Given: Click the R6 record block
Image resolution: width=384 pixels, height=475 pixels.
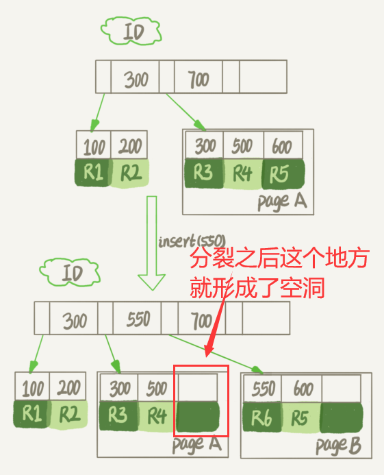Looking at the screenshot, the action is coord(262,417).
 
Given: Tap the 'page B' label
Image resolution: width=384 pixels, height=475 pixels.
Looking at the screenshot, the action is coord(339,446).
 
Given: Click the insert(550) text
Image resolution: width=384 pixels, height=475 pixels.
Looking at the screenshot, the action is coord(192,241).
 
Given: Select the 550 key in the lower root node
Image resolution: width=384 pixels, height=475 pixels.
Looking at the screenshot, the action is coord(138,319).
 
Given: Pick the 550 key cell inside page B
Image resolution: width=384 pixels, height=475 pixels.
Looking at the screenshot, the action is coord(263,389).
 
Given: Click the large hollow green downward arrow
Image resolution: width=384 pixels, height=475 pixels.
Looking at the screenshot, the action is coord(151,243).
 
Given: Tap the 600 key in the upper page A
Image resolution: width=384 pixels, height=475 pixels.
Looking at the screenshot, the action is coord(283,145).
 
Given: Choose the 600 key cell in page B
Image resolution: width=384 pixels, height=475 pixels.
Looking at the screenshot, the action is coord(301,389).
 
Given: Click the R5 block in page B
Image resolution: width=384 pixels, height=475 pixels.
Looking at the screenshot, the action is coord(300,417).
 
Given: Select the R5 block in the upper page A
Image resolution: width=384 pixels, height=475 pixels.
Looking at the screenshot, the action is coord(283,174).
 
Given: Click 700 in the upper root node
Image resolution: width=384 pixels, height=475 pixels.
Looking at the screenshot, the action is coord(199,80).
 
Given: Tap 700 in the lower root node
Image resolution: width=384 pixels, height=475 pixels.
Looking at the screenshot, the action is coord(201,321).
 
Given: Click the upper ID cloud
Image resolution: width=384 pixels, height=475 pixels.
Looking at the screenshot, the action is coord(131,31).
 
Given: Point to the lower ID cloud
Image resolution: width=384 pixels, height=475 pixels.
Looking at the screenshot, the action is coord(70,272).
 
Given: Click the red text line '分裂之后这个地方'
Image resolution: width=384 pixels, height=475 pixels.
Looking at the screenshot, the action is coord(279,258).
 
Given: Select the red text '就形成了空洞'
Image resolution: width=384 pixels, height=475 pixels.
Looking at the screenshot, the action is coord(257,287).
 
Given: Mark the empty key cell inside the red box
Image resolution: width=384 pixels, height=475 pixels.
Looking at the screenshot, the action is coord(198,388).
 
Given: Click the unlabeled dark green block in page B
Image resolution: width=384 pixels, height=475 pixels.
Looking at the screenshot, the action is coord(342,417).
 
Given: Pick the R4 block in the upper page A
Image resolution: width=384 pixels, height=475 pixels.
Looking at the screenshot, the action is coord(243,174).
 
